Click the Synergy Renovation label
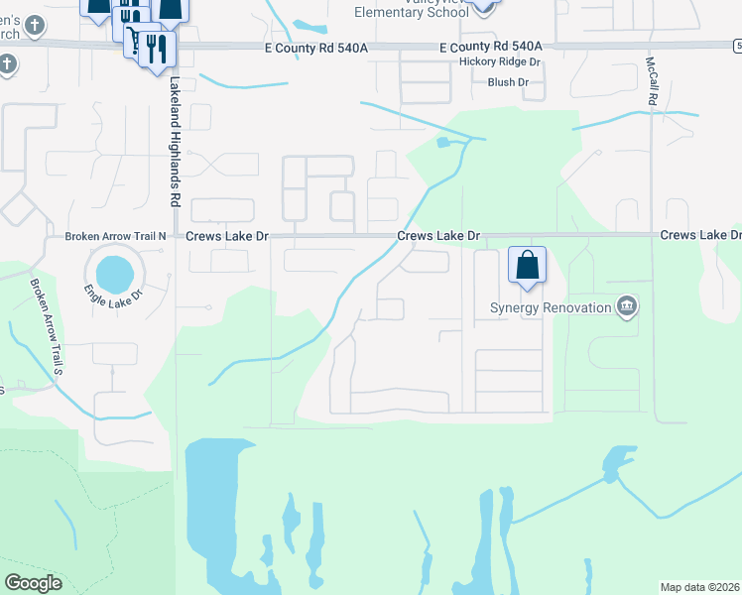click(x=551, y=307)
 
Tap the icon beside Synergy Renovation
click(x=626, y=306)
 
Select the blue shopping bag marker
click(x=528, y=266)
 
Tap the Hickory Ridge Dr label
click(x=499, y=61)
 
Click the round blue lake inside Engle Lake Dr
click(x=114, y=270)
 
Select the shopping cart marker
click(x=130, y=19)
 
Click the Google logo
click(x=33, y=583)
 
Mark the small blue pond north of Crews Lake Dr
click(x=442, y=143)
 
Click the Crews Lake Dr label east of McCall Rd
click(x=700, y=236)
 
